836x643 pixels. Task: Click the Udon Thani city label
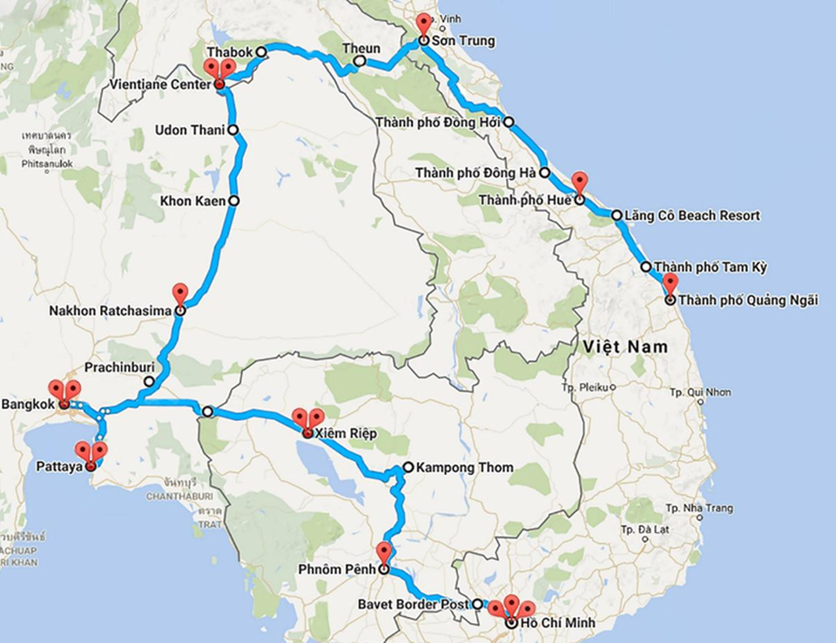click(189, 131)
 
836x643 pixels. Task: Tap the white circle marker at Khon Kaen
click(233, 201)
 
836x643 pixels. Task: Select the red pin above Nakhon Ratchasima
click(180, 294)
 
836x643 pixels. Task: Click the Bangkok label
click(29, 405)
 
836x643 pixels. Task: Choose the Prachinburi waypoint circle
click(150, 381)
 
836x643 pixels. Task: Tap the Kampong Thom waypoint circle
click(408, 467)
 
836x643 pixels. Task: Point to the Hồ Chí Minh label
click(553, 623)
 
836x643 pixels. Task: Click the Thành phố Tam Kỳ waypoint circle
click(646, 267)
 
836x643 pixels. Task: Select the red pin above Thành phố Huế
click(579, 184)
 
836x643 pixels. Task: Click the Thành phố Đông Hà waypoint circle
click(544, 172)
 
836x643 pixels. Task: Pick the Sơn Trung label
click(466, 40)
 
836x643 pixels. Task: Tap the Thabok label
click(230, 52)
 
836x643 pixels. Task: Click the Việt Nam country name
click(625, 346)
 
